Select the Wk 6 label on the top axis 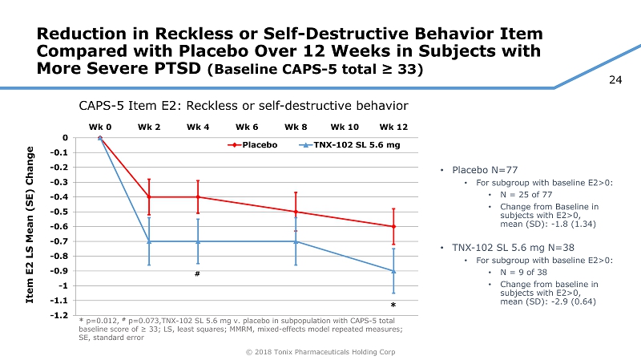pyautogui.click(x=247, y=127)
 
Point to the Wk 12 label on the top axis pyautogui.click(x=393, y=127)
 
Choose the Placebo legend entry pyautogui.click(x=254, y=145)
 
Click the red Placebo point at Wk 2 pyautogui.click(x=149, y=196)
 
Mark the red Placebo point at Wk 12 pyautogui.click(x=393, y=227)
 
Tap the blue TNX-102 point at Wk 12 pyautogui.click(x=393, y=271)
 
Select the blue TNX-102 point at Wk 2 pyautogui.click(x=149, y=241)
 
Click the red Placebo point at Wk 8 pyautogui.click(x=296, y=212)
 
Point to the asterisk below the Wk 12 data pyautogui.click(x=393, y=305)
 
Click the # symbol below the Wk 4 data pyautogui.click(x=197, y=274)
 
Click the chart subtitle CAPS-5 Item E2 pyautogui.click(x=244, y=105)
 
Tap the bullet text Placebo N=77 pyautogui.click(x=479, y=170)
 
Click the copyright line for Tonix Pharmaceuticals pyautogui.click(x=320, y=352)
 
